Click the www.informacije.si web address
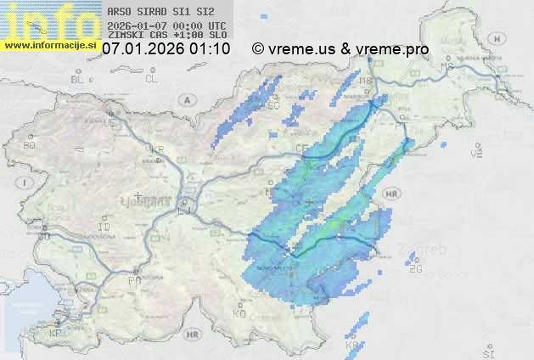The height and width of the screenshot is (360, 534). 49,44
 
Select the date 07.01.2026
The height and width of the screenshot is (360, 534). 143,49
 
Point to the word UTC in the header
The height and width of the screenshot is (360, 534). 216,25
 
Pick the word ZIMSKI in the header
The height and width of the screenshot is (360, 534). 126,36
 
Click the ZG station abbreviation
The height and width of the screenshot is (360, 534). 415,269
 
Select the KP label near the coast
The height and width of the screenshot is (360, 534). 56,334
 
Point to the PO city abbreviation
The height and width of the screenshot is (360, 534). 133,279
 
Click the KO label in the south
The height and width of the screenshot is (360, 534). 239,313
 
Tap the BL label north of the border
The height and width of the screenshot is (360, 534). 78,79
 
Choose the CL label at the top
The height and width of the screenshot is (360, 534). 151,79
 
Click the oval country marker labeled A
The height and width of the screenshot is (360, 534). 185,98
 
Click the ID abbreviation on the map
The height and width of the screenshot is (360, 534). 104,228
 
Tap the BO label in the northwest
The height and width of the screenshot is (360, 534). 30,145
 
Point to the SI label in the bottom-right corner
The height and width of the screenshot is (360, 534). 488,352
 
